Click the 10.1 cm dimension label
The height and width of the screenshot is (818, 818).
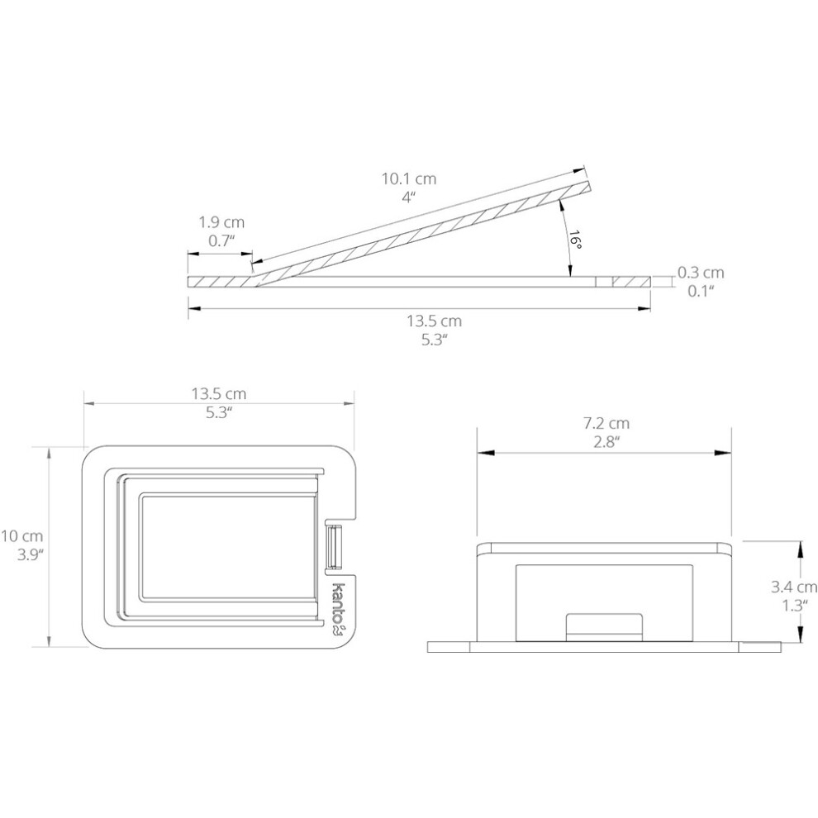[409, 179]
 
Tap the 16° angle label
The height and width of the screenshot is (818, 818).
[574, 239]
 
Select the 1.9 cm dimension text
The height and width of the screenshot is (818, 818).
[221, 222]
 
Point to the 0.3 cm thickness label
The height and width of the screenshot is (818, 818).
[701, 273]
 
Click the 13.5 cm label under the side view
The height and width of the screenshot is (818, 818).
[434, 321]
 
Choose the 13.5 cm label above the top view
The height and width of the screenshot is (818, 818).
[219, 393]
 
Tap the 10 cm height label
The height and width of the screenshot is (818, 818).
[22, 535]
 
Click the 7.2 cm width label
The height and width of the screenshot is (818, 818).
[606, 423]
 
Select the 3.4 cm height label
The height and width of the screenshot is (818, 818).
[794, 587]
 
